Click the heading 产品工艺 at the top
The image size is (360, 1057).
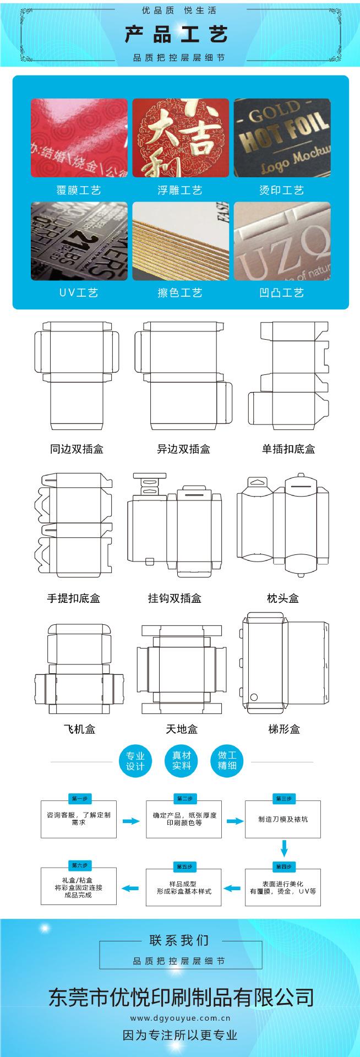(x=176, y=35)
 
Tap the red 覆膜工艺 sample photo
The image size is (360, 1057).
(x=79, y=138)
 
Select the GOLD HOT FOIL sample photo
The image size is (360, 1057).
(x=282, y=138)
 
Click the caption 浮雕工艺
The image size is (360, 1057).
(x=180, y=190)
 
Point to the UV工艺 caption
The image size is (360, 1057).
(x=79, y=293)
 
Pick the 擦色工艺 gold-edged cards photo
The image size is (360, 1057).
(x=180, y=241)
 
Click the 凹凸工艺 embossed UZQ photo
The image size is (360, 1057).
(x=282, y=241)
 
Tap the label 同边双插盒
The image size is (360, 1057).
(x=77, y=449)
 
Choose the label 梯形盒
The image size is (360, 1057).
(x=284, y=729)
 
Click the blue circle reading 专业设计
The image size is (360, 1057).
(x=135, y=761)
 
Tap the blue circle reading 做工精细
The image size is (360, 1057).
(x=227, y=761)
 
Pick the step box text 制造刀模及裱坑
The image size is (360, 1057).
(x=283, y=819)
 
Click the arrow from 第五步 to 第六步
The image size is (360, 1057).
(x=130, y=887)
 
